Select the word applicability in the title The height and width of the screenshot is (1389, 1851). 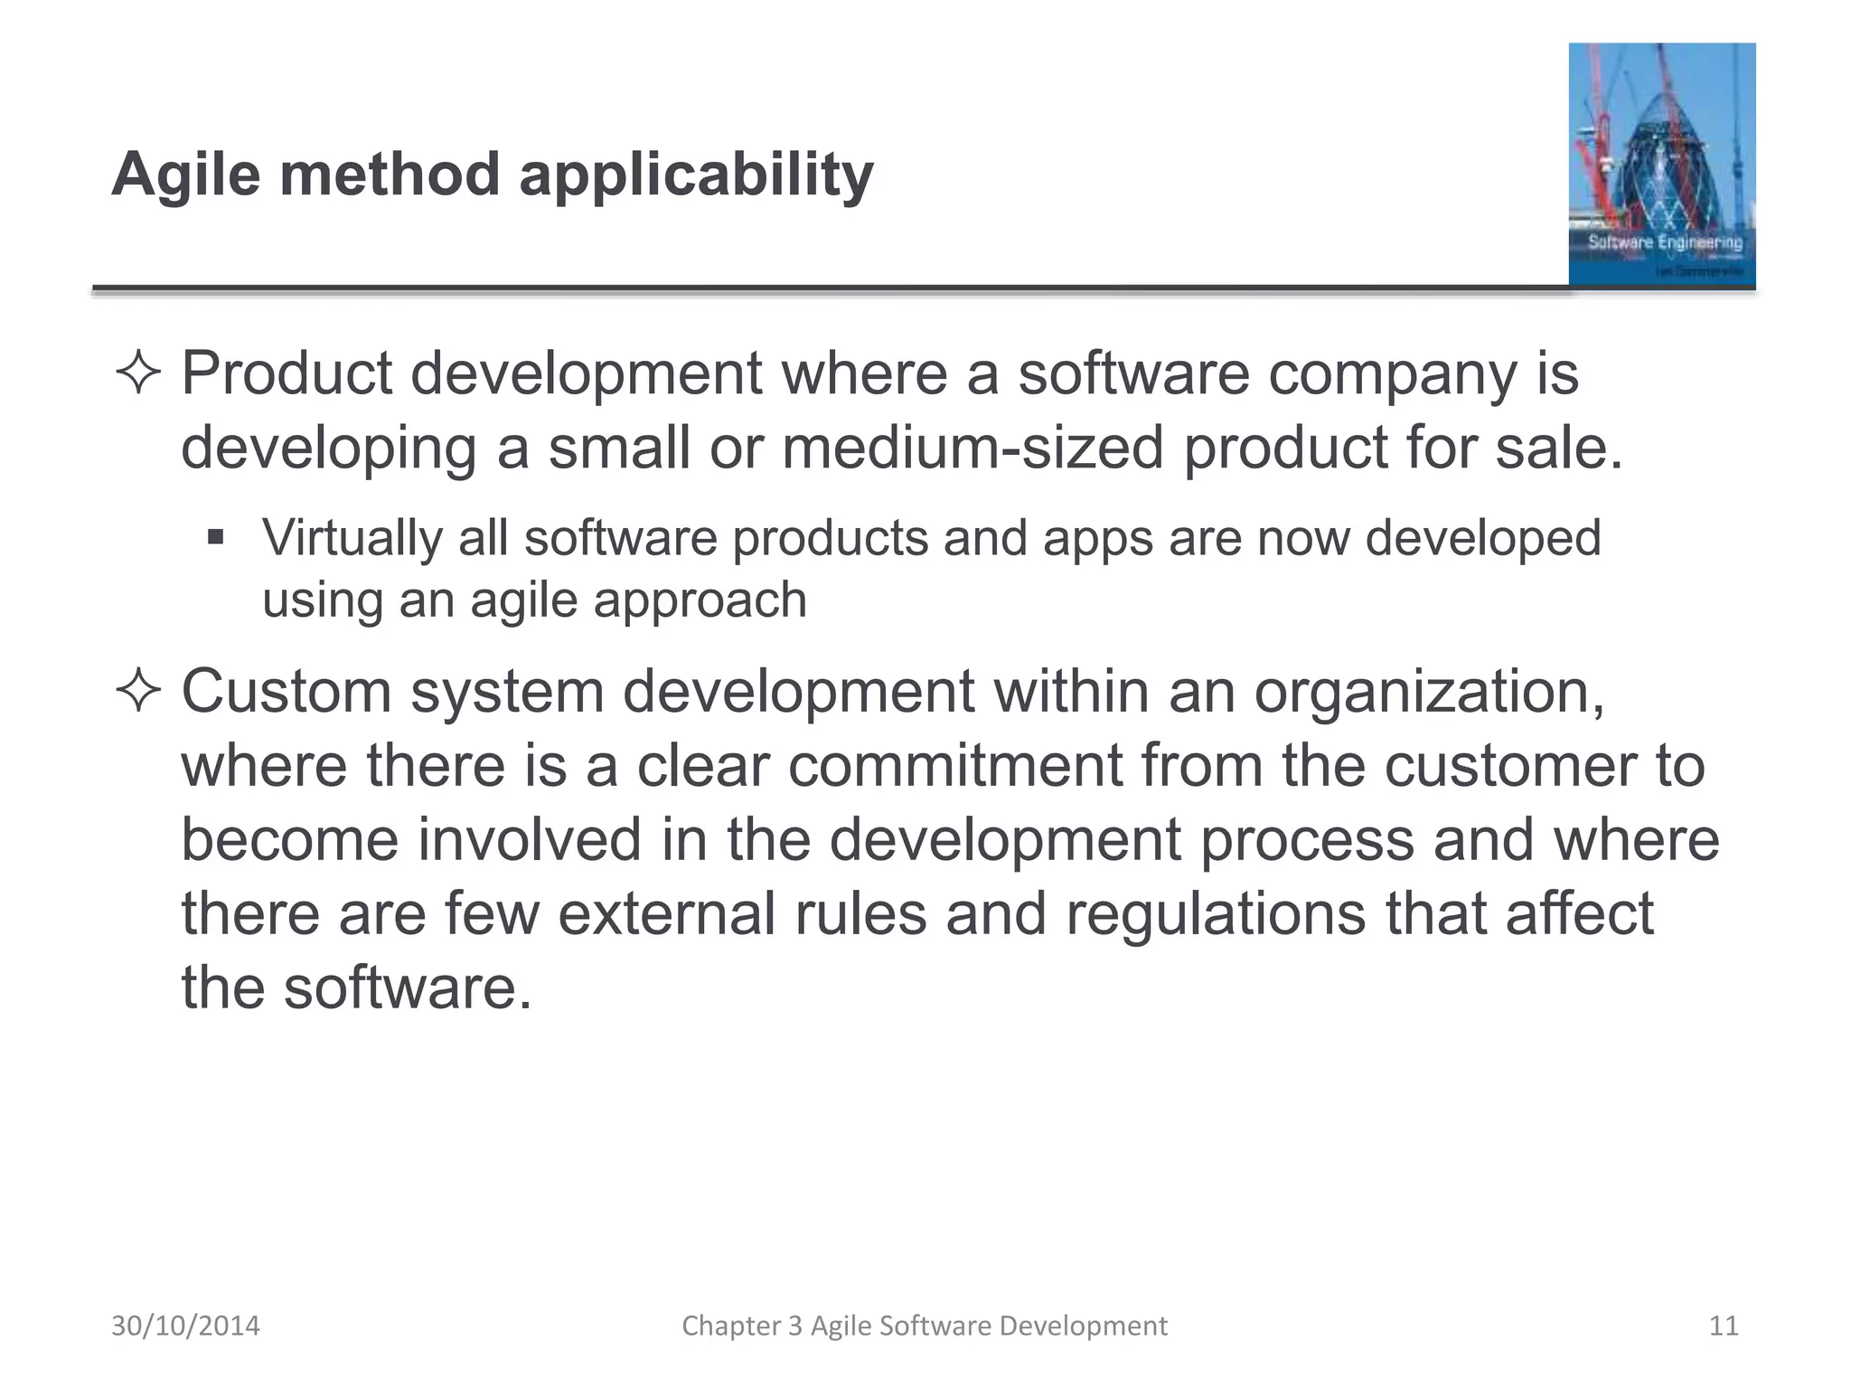(696, 175)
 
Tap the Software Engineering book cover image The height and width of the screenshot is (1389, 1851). (1661, 165)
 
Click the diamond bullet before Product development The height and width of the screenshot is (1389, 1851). (138, 373)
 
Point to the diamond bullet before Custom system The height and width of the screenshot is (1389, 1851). (138, 692)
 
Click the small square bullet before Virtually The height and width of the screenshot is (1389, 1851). (215, 538)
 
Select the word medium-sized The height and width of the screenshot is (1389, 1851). (972, 448)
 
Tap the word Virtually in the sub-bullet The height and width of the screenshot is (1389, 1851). (352, 539)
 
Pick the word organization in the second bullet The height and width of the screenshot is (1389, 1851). (1427, 692)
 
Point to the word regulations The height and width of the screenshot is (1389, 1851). (1216, 914)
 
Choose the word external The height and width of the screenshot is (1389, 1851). (666, 913)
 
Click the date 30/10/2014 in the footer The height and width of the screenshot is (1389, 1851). (185, 1326)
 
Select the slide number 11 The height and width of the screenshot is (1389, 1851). (1724, 1326)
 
